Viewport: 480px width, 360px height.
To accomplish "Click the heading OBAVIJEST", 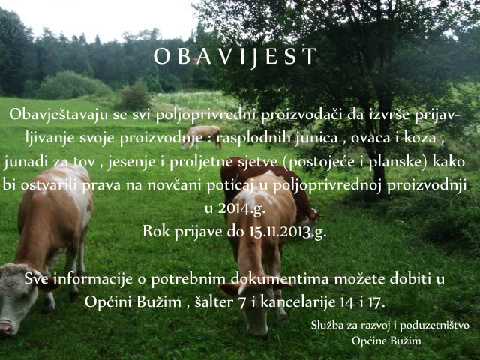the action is pos(235,57).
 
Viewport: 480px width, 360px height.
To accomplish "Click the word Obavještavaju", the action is pos(58,115).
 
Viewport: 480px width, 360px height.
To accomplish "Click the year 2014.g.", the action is pos(241,209).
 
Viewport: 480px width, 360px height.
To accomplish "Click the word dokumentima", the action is pos(280,278).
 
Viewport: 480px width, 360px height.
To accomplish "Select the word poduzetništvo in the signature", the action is pos(435,325).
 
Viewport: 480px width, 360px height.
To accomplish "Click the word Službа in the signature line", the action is pos(327,325).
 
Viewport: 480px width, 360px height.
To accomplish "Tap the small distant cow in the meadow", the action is pos(202,136).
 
